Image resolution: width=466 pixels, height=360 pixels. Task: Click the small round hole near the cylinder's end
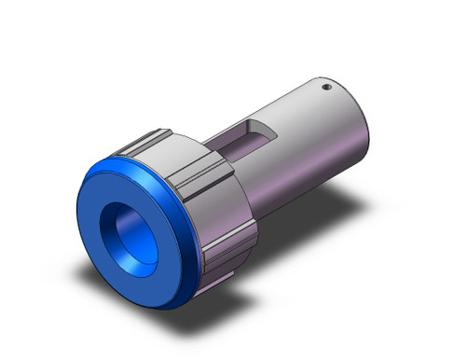327,89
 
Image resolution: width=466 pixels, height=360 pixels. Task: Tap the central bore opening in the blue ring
139,228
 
